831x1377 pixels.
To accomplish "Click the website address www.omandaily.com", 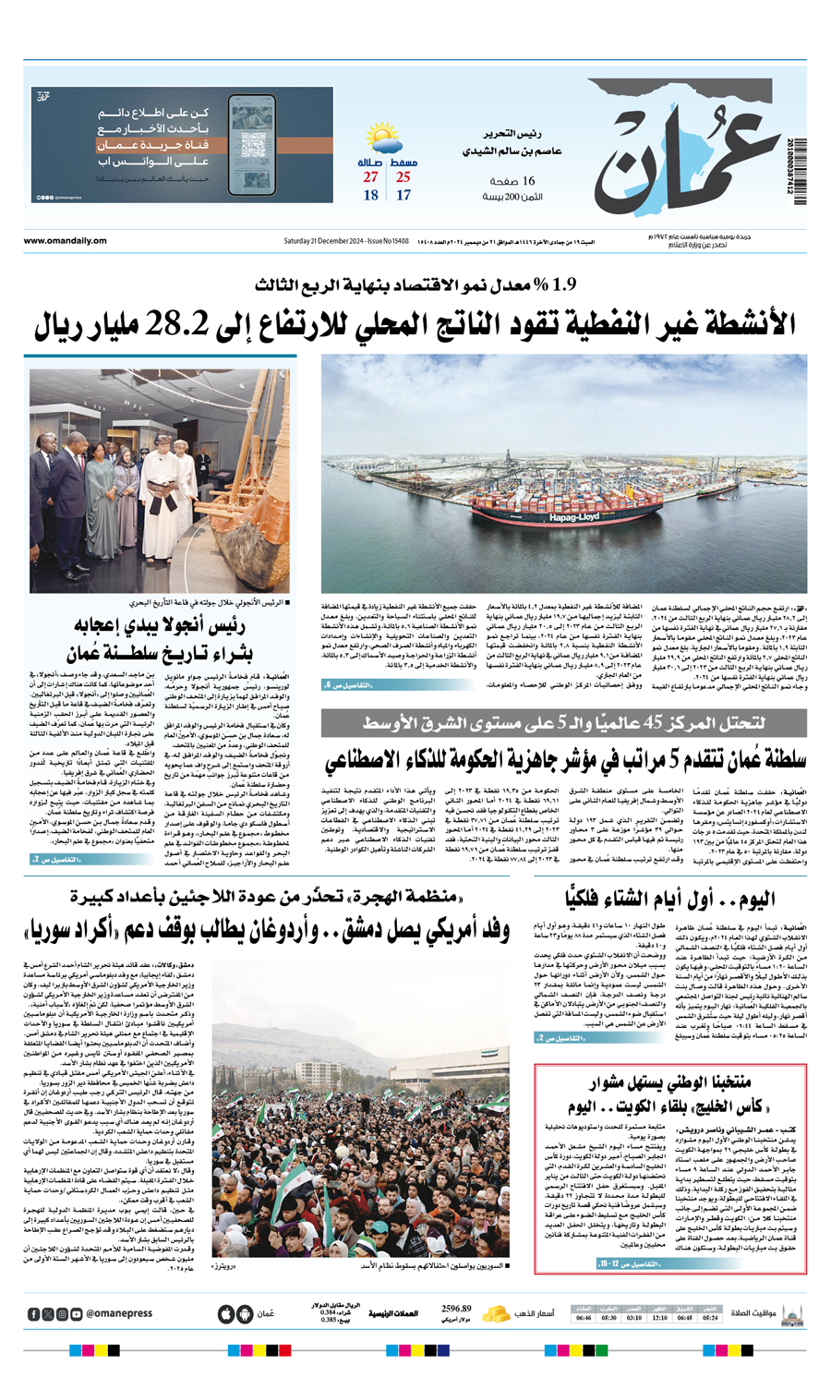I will click(66, 242).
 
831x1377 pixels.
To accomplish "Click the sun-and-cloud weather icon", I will click(384, 139).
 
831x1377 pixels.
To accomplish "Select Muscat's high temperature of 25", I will click(403, 177).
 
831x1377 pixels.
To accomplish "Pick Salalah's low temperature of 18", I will click(370, 195).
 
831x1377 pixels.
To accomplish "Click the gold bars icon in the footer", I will click(497, 1312).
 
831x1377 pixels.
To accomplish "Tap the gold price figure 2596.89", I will click(456, 1309).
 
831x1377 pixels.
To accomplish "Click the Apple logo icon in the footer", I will click(226, 1313).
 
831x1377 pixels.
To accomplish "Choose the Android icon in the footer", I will click(245, 1313).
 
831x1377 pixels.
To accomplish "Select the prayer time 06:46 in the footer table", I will click(583, 1318).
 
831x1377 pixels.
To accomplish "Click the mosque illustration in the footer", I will click(791, 1313).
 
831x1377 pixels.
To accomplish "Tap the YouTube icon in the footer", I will click(77, 1313).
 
